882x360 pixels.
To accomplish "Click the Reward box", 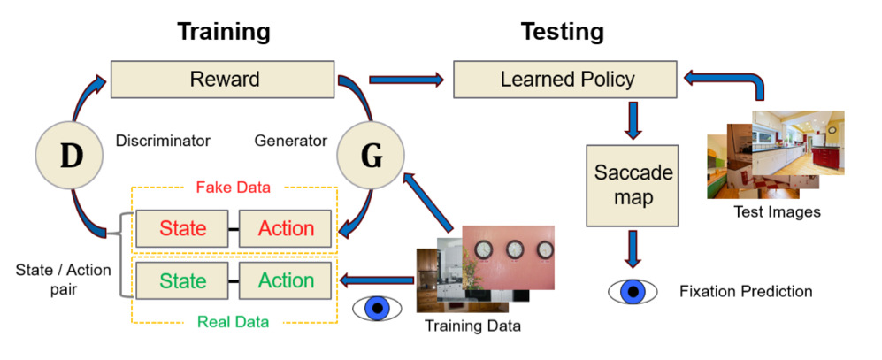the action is coord(223,79).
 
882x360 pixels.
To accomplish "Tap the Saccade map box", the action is coord(633,186).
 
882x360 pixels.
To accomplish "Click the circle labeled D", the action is coord(69,156).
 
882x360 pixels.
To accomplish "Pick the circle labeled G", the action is coord(370,156).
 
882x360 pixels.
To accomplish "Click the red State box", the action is coord(182,228).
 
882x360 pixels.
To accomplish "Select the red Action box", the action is coord(285,228).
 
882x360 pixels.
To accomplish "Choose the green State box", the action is coord(182,280).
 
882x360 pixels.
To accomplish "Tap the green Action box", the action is coord(285,280).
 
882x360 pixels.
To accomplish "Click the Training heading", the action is coord(224,32).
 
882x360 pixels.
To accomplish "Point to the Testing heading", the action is coord(563,32).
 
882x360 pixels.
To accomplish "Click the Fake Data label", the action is coord(233,188).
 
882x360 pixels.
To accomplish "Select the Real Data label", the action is coord(233,322).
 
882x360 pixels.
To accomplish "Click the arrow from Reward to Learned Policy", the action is coord(406,80).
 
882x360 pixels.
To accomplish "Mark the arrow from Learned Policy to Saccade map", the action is coord(633,119).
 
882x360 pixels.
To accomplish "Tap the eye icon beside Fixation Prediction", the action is coord(633,291).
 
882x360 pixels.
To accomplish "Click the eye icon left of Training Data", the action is coord(377,308).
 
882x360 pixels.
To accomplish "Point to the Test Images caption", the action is coord(777,212).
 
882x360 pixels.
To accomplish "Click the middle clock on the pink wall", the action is coord(515,249).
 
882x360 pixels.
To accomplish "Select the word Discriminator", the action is coord(163,140).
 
